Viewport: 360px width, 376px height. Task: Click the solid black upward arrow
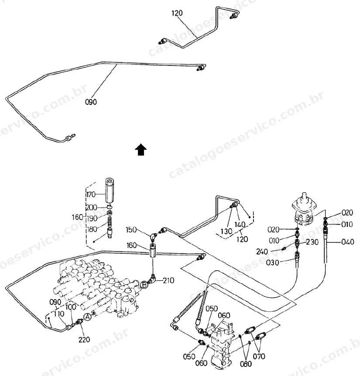coord(141,150)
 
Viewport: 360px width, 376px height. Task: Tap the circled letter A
coord(88,317)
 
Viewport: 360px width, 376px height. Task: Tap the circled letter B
coord(144,285)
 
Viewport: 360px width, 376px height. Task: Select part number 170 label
coord(91,194)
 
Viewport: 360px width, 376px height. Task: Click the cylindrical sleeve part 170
coord(110,191)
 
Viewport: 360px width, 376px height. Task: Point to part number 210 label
coord(168,280)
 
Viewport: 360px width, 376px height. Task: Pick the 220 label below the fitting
coord(84,340)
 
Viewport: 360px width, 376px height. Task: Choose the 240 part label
coord(262,252)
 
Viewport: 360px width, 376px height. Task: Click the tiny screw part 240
coord(283,248)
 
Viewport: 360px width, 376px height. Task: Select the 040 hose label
coord(348,242)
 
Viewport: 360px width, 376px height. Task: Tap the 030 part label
coord(273,262)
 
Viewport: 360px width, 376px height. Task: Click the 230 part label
coord(312,242)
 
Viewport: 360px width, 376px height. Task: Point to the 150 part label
coord(131,230)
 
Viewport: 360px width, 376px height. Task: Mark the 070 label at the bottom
coord(259,356)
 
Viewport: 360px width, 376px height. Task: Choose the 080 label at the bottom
coord(246,364)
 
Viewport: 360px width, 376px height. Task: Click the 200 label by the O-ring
coord(92,207)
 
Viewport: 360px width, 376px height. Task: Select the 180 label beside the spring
coord(92,229)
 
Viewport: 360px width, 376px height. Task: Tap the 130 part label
coord(226,231)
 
